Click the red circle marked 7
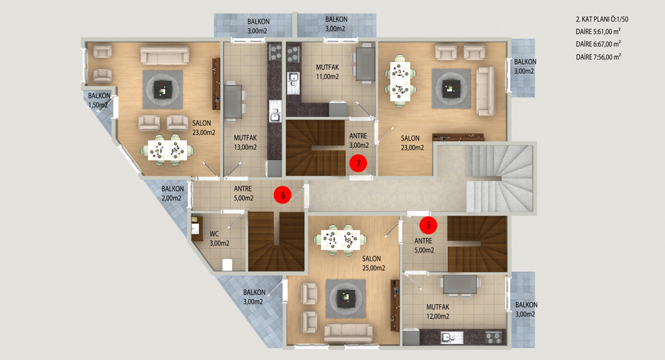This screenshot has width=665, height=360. click(358, 163)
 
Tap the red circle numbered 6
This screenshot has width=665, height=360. click(283, 195)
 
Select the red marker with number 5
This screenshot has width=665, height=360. click(428, 225)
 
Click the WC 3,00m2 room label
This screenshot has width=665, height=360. click(219, 239)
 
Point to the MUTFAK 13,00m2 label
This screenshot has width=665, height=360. click(245, 142)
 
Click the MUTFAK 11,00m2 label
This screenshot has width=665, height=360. click(327, 72)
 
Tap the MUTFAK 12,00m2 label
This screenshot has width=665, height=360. click(438, 311)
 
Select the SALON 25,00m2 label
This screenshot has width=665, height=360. click(374, 264)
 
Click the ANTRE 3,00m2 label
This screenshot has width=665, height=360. click(359, 140)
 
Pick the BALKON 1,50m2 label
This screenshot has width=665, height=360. click(99, 100)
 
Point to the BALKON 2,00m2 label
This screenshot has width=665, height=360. click(172, 193)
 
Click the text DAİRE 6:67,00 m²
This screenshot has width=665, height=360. click(598, 44)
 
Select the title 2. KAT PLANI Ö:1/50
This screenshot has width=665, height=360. click(602, 19)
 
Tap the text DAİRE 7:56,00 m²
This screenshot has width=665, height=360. click(598, 57)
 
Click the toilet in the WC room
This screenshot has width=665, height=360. click(227, 264)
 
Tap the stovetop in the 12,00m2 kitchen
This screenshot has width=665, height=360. click(493, 337)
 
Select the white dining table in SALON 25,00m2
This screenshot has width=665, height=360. click(340, 241)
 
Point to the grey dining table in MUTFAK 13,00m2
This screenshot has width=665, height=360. click(232, 102)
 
